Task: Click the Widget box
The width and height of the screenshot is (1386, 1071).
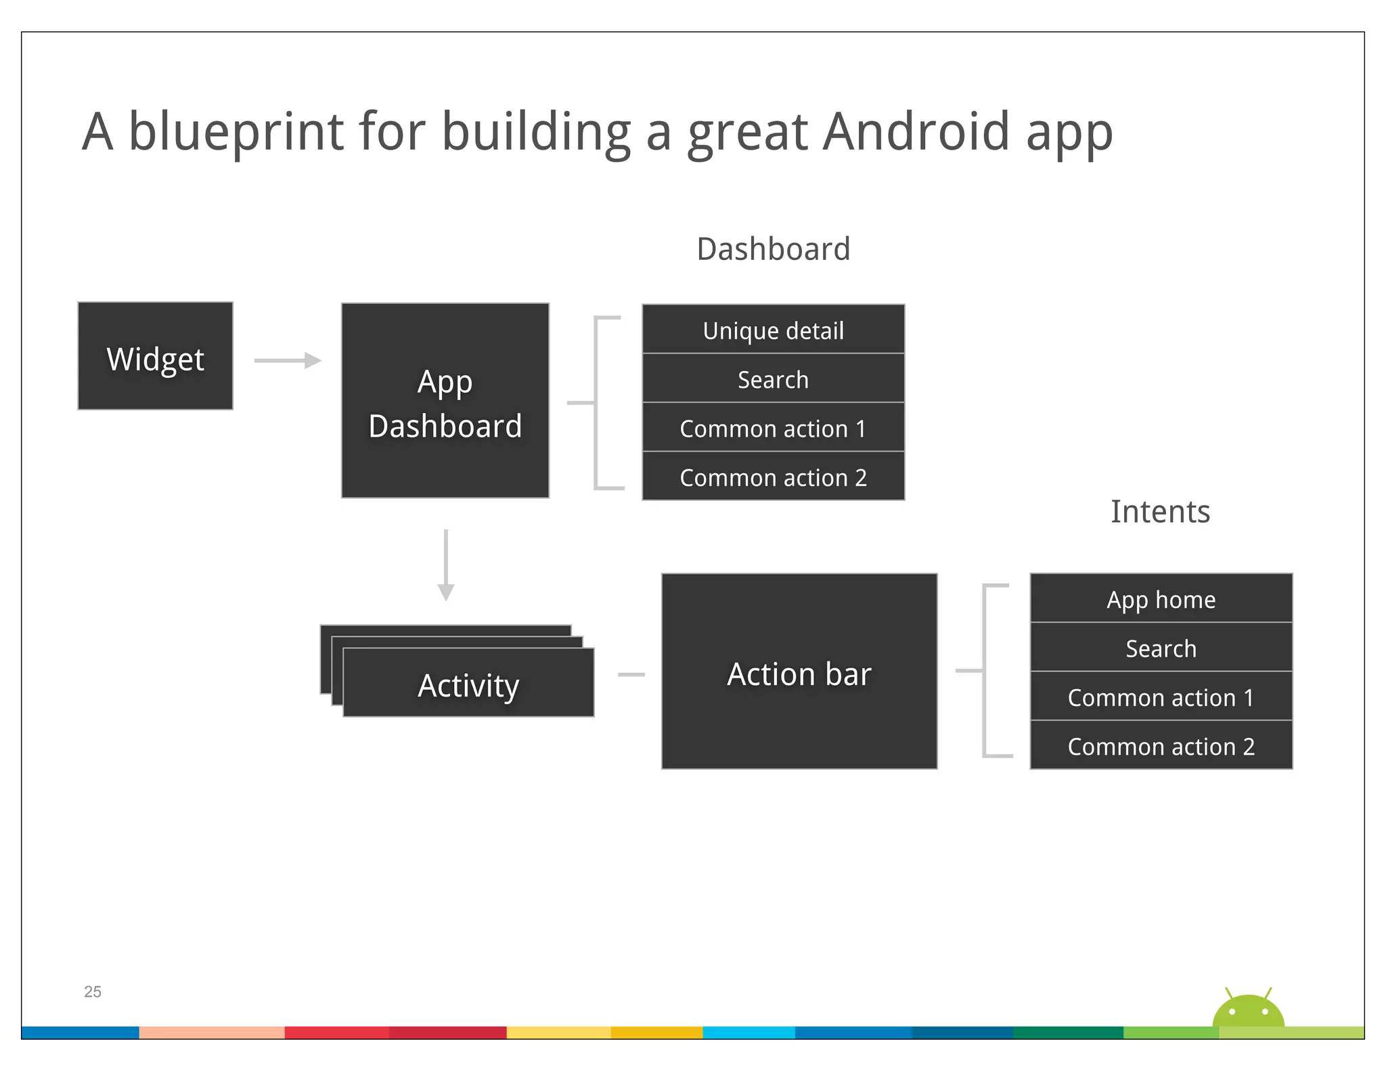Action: [x=155, y=356]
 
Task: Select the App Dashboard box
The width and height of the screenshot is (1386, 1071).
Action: [x=445, y=401]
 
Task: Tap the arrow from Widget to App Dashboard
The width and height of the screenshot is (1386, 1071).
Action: [x=288, y=360]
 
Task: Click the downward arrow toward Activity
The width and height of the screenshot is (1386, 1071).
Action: [x=445, y=565]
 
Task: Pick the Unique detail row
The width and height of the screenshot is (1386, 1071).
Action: [x=773, y=330]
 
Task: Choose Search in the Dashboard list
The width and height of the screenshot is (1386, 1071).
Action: [x=773, y=379]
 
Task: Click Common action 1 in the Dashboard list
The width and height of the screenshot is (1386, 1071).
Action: [x=773, y=428]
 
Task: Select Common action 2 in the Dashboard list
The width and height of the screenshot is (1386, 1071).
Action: [x=773, y=477]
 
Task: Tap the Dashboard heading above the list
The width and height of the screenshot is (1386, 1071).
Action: [x=773, y=249]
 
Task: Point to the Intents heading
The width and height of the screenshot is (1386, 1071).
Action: [x=1160, y=511]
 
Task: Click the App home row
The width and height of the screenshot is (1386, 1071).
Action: [x=1161, y=598]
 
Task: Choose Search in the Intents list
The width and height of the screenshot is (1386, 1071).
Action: [x=1161, y=648]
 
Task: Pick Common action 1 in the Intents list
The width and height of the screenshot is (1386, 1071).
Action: [x=1161, y=697]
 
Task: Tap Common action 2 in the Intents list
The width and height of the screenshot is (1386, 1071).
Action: [x=1161, y=745]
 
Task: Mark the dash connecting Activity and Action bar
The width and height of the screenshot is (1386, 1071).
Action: [x=631, y=674]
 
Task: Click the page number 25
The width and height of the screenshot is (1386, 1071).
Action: [x=93, y=991]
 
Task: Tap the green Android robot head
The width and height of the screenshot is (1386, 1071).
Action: [x=1248, y=1011]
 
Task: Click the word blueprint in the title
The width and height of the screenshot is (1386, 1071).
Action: [x=236, y=131]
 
